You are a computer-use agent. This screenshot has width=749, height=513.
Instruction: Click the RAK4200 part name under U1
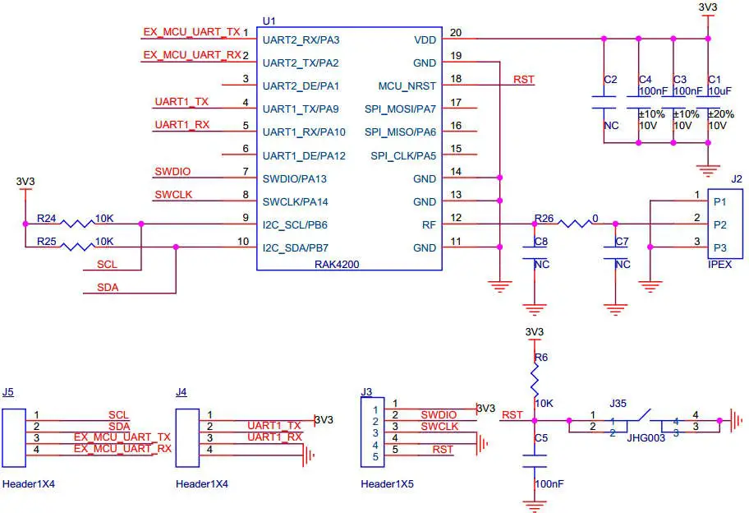(337, 265)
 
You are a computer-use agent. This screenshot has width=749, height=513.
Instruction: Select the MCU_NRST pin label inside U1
(407, 85)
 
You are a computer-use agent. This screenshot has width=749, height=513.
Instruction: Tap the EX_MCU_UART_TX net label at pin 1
(191, 31)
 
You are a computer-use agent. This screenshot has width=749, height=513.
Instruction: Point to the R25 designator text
(46, 242)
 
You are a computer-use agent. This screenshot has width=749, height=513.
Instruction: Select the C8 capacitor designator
(540, 242)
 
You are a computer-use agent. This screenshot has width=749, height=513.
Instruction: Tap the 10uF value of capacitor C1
(718, 90)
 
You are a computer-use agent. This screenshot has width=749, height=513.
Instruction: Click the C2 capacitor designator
(610, 80)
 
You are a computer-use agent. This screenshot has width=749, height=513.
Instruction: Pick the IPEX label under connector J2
(719, 265)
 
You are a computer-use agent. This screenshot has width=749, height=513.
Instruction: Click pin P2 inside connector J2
(719, 224)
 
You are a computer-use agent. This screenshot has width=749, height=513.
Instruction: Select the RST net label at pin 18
(523, 80)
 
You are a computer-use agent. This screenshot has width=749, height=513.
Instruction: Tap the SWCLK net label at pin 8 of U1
(172, 195)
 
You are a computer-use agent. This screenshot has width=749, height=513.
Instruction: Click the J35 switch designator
(618, 404)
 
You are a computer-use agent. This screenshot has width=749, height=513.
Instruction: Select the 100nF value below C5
(549, 484)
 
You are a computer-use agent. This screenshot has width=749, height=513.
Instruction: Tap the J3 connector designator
(367, 391)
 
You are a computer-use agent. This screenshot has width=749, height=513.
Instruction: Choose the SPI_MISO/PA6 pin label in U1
(401, 132)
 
